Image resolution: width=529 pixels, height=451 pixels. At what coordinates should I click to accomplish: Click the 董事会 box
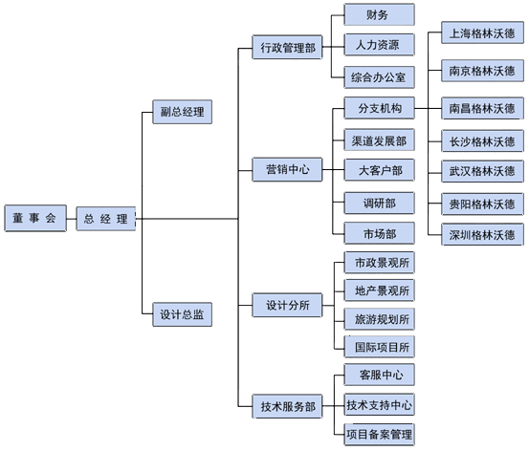[x=35, y=218]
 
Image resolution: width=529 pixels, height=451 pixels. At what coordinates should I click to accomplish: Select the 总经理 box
[x=106, y=219]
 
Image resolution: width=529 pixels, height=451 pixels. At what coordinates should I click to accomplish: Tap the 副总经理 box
[x=182, y=112]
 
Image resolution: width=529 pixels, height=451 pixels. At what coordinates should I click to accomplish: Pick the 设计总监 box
[x=182, y=314]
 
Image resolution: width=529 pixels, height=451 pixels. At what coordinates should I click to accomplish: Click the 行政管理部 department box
[x=287, y=47]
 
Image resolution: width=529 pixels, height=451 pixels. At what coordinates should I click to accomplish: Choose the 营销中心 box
[x=287, y=169]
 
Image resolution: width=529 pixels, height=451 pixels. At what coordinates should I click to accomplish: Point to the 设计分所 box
[x=287, y=306]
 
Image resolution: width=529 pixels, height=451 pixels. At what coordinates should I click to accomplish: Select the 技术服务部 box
[x=287, y=406]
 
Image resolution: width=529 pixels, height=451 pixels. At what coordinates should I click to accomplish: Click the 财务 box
[x=379, y=14]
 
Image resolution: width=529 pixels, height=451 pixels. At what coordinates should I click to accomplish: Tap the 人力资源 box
[x=379, y=45]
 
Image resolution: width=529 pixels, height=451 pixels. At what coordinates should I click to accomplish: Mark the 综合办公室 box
[x=379, y=77]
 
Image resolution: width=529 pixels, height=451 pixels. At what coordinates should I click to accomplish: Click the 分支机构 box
[x=379, y=108]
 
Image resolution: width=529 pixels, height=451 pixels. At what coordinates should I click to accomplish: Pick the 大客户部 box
[x=379, y=170]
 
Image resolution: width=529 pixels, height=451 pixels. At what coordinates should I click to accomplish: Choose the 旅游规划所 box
[x=379, y=319]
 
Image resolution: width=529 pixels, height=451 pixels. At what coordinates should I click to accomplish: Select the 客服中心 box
[x=379, y=375]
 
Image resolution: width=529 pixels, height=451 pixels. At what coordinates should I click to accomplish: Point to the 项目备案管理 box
[x=379, y=435]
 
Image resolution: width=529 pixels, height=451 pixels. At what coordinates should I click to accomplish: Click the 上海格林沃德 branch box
[x=482, y=33]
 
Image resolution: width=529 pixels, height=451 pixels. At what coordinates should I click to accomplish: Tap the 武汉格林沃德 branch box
[x=482, y=171]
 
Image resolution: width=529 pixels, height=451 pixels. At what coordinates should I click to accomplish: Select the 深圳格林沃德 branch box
[x=482, y=235]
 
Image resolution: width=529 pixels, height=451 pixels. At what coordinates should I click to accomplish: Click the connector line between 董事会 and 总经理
[x=72, y=219]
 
